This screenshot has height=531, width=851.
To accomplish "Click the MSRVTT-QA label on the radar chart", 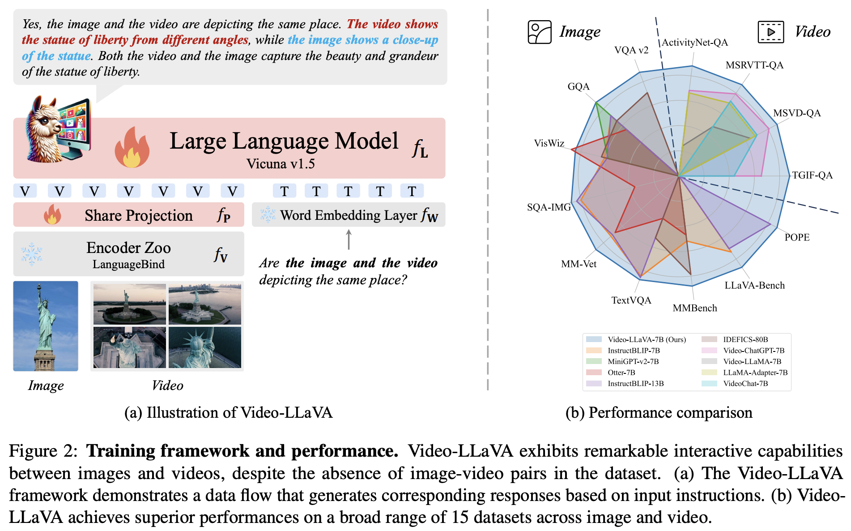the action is point(754,65).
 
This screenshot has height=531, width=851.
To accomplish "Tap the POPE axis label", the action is point(797,237).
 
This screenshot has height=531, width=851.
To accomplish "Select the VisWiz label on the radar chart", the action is point(549,143).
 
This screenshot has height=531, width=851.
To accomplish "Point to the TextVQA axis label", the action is point(631,300).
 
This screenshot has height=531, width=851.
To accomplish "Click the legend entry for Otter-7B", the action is point(621,373).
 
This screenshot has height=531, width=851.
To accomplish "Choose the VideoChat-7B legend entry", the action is point(745,384).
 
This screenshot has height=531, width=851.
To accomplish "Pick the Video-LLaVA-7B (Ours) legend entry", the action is point(646,339).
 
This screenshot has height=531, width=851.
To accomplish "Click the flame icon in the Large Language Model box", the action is point(132,148).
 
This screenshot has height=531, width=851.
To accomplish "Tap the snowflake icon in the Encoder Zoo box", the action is point(32,254).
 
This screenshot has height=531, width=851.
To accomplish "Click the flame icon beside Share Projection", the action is point(52,215).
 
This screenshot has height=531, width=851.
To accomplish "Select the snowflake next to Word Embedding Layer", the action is point(268,215).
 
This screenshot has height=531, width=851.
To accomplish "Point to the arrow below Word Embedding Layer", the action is point(349,240).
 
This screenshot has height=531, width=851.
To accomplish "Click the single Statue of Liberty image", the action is point(46,326).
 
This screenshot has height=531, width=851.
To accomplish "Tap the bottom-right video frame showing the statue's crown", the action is point(205,347).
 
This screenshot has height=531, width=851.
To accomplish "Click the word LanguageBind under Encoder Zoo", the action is point(128,265).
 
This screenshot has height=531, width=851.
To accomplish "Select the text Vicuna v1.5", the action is point(281,164).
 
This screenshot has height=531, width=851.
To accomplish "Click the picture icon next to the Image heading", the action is point(540,32).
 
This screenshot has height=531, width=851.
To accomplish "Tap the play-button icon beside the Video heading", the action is point(770,32).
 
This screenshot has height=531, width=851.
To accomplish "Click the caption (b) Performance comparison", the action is point(659,413).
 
